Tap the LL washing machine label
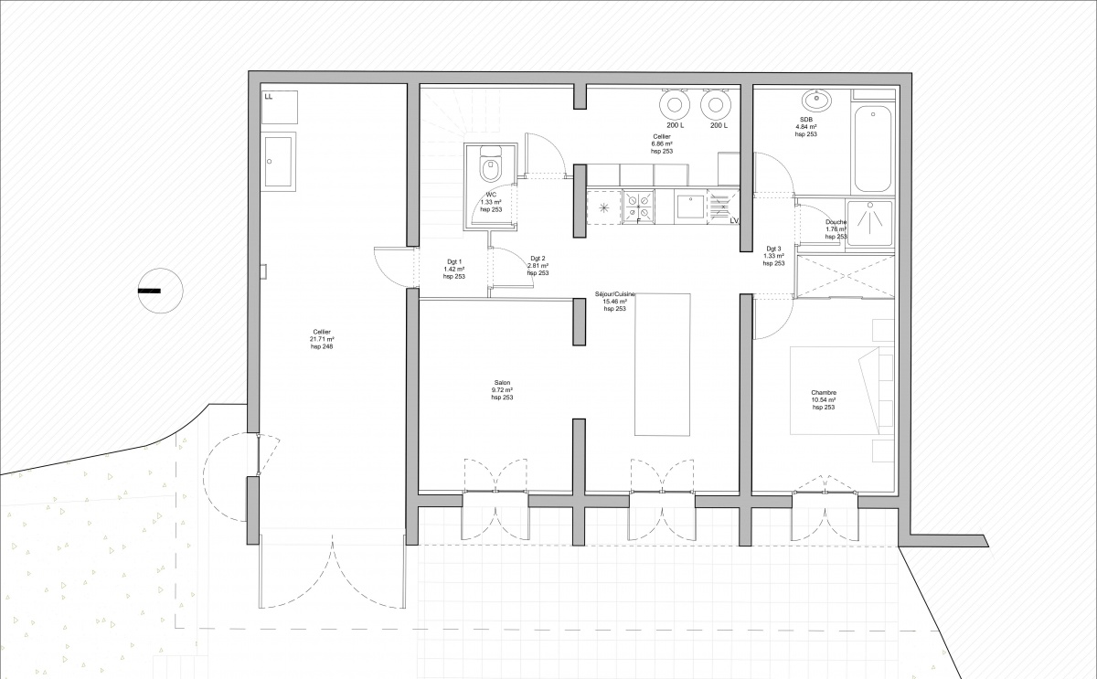coord(269,96)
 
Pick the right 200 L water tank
coord(718,105)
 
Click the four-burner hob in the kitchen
coord(637,205)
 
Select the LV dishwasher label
coord(734,220)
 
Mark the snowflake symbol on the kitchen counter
coord(602,207)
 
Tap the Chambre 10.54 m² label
coord(824,399)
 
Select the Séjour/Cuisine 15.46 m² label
coord(614,302)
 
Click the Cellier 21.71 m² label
coord(322,339)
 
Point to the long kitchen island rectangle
coord(662,365)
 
